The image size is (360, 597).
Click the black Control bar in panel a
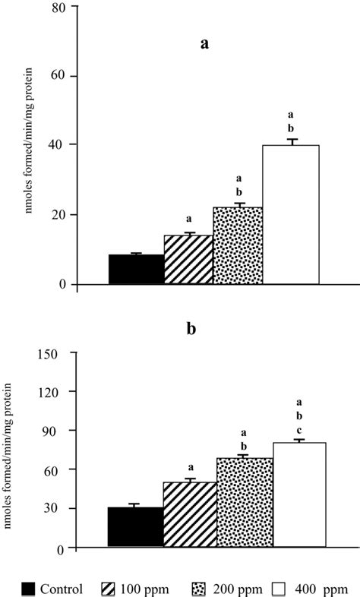136,270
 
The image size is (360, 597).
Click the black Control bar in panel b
135,527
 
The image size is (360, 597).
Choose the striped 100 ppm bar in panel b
189,514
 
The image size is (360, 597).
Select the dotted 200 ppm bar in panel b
244,502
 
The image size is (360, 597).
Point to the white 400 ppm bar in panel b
299,494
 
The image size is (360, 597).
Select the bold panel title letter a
204,43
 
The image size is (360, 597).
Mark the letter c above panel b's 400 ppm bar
299,430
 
